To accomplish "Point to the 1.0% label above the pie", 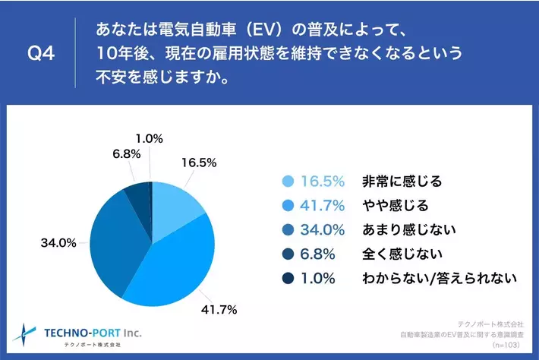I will [150, 138].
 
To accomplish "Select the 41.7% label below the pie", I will [219, 309].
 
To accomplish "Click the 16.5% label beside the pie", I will [200, 162].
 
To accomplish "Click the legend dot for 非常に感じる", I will [288, 182].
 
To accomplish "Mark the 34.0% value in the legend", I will [323, 229].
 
